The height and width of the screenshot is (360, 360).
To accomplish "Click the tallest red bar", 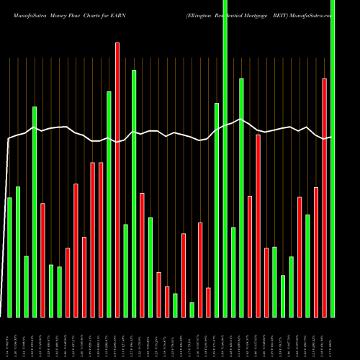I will [117, 180].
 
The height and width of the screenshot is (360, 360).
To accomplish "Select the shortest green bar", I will [192, 310].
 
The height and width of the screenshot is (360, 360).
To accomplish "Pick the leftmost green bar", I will [9, 257].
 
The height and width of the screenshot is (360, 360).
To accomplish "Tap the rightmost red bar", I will [324, 197].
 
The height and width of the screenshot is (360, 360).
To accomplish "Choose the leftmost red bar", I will [42, 260].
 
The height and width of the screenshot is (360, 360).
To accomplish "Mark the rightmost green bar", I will [333, 158].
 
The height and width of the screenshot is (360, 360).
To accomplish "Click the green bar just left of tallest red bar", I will [109, 204].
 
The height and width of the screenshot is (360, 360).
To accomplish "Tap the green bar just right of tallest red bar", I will [125, 271].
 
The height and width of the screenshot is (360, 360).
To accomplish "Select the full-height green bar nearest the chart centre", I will [225, 158].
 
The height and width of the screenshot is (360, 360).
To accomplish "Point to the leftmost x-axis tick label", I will [9, 338].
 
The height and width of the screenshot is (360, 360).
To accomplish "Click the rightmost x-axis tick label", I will [333, 338].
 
